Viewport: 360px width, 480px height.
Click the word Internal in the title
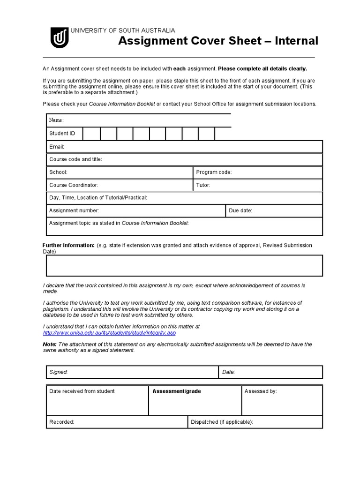point(297,41)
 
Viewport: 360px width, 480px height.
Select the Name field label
point(56,120)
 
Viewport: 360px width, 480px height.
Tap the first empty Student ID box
point(91,134)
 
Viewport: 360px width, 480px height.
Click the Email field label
point(57,147)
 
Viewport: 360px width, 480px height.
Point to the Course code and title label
point(75,159)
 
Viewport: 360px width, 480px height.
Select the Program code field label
point(214,172)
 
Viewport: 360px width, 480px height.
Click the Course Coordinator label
point(74,185)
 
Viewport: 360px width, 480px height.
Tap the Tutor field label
point(203,185)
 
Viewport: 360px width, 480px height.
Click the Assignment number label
point(74,211)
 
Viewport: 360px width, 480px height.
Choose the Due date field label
point(240,211)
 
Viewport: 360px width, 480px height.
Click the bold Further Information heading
point(68,246)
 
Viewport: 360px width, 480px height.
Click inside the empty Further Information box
point(184,266)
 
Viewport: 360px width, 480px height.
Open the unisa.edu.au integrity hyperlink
point(109,333)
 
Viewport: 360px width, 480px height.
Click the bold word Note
point(50,345)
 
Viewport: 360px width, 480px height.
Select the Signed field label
point(59,372)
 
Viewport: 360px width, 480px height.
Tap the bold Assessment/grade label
point(177,391)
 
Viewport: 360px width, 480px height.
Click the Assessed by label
point(261,391)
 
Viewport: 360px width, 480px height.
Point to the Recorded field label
point(62,422)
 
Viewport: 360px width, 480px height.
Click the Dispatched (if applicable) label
point(222,422)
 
